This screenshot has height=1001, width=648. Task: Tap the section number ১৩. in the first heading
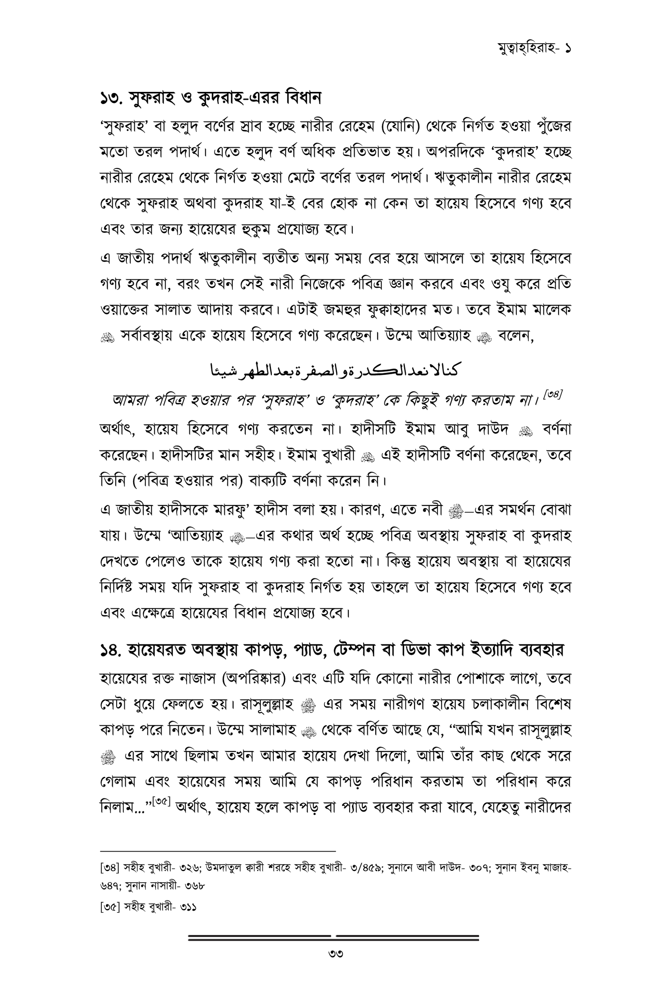coord(112,98)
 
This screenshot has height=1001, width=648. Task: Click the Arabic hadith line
coord(335,370)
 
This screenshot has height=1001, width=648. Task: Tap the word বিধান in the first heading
coord(303,98)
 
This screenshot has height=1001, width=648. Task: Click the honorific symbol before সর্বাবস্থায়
coord(107,338)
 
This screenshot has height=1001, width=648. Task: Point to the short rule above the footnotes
coord(218,850)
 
